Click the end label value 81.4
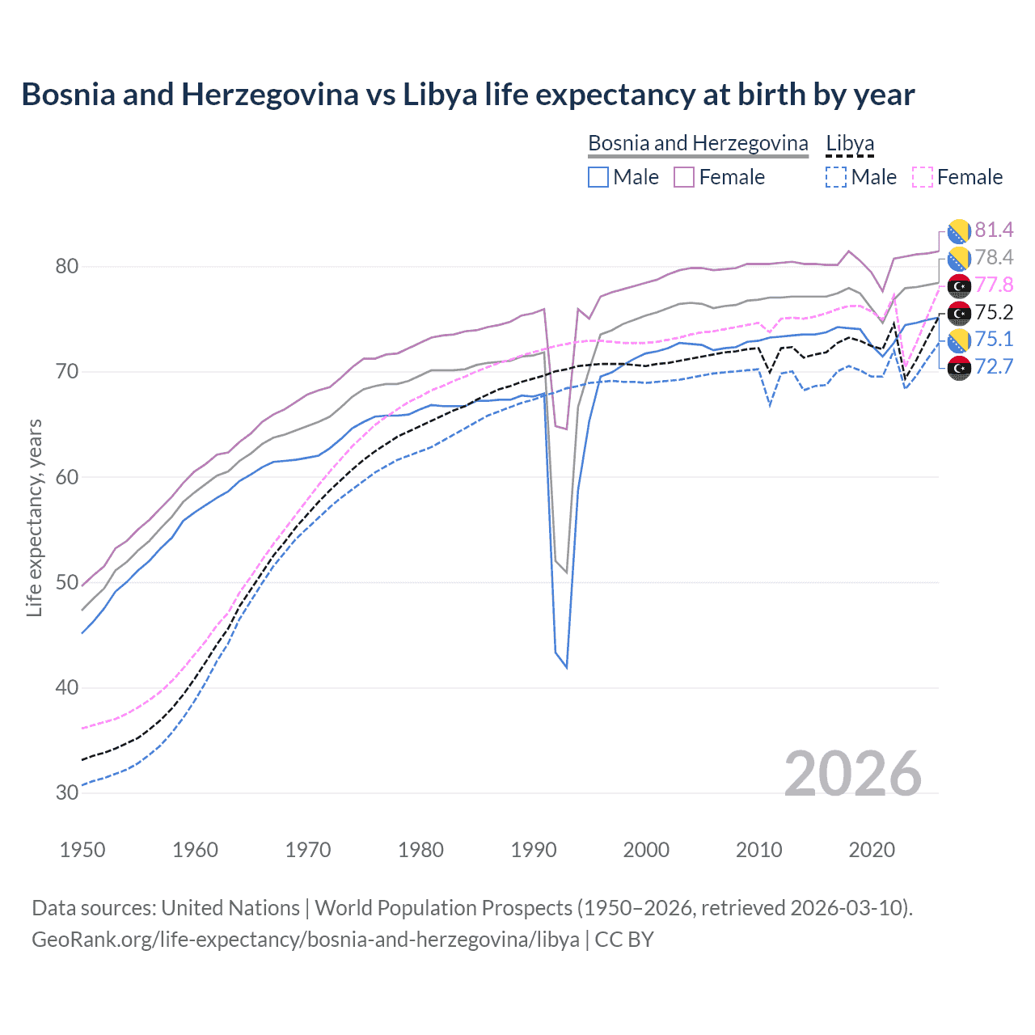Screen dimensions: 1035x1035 pos(994,230)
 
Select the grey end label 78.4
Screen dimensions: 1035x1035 pos(994,258)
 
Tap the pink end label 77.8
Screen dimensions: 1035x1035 pos(994,285)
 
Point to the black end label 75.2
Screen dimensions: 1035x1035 pos(994,313)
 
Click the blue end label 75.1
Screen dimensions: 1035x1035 pos(994,340)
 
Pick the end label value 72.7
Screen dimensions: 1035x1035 pos(994,367)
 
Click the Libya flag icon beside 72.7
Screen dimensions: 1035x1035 pos(959,368)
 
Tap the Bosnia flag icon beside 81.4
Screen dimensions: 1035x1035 pos(959,231)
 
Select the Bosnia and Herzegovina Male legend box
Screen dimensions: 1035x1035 pos(598,177)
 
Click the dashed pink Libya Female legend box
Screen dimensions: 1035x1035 pos(923,177)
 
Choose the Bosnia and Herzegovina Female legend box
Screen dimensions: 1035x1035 pos(684,177)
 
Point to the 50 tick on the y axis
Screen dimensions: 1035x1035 pos(67,583)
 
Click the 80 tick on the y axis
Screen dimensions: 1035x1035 pos(67,267)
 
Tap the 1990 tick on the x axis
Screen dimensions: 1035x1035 pos(534,850)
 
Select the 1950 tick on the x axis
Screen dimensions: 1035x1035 pos(82,850)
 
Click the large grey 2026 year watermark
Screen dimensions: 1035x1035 pos(853,774)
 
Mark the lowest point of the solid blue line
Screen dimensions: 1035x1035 pos(566,668)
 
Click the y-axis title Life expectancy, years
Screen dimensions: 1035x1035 pos(34,517)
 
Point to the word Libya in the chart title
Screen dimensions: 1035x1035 pos(440,95)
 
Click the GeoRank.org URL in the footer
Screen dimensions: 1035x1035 pos(306,940)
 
